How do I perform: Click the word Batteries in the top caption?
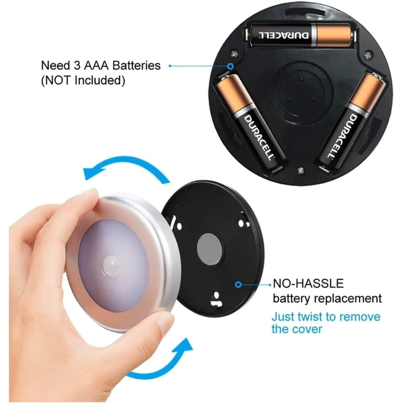pos(136,65)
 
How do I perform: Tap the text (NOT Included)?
pos(83,80)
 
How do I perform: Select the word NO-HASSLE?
pos(308,283)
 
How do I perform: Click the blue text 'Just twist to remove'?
pos(326,316)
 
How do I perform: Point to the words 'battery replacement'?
pos(327,299)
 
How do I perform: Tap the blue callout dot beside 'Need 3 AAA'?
pos(170,65)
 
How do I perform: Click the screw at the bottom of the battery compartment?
pos(301,170)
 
